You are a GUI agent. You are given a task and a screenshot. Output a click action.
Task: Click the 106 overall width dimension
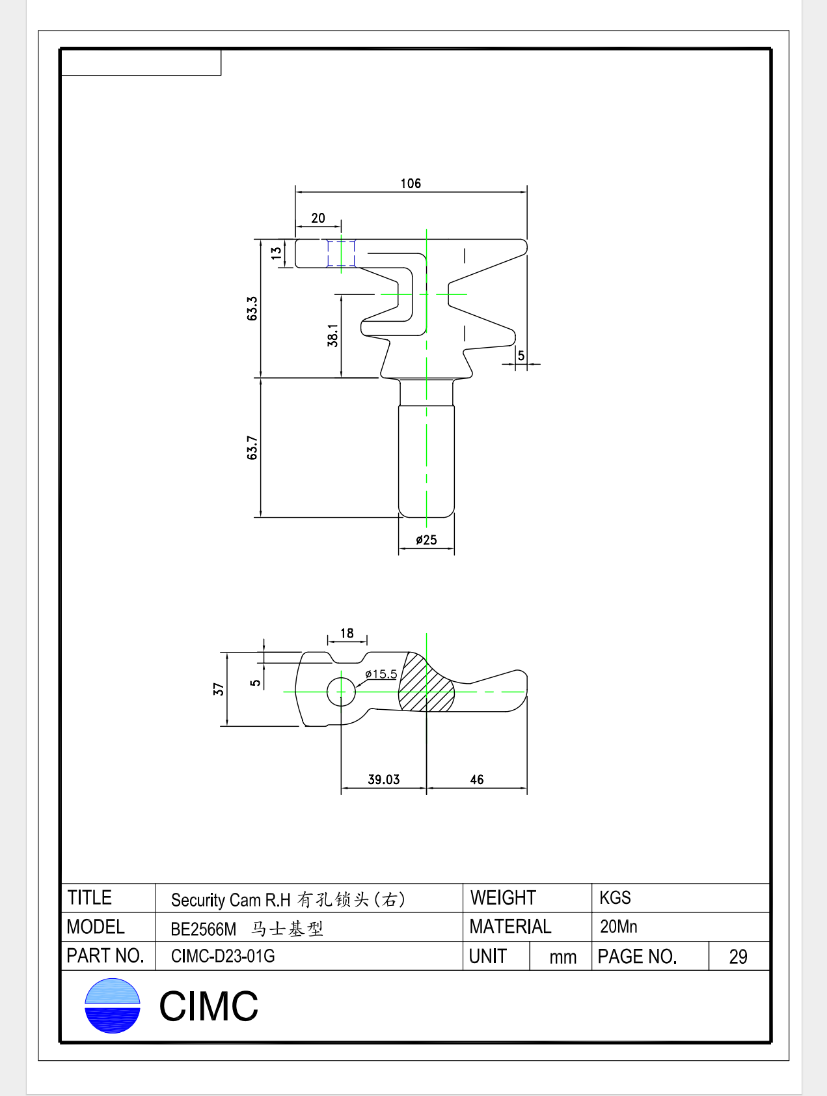pos(411,184)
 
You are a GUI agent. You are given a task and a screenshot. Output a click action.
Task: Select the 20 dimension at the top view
pos(318,218)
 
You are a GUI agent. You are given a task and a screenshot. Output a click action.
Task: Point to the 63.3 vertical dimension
pos(252,308)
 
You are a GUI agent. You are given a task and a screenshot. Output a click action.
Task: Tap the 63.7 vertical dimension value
pos(252,448)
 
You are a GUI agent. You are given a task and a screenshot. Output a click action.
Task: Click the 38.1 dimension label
pos(332,335)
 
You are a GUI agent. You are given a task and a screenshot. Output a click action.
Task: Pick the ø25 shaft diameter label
pos(426,540)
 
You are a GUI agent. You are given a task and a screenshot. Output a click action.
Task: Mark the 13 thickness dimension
pos(277,253)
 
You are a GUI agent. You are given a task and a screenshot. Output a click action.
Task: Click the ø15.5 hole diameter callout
pos(381,674)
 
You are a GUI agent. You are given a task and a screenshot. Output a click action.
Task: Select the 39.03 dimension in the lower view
pos(384,780)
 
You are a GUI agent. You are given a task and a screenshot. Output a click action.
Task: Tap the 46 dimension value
pos(477,780)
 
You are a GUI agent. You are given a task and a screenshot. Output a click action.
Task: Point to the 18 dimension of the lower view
pos(347,633)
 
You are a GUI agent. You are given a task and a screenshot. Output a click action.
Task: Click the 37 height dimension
pos(219,689)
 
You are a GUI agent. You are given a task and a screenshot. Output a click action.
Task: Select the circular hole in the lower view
pos(341,692)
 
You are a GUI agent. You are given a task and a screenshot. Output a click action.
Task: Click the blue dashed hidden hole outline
pos(341,253)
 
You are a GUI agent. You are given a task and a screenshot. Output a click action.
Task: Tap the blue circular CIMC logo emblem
pos(113,1005)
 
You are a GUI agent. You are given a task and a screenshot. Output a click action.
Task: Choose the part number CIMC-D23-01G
pos(223,956)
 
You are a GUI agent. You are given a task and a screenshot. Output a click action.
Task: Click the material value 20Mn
pos(618,927)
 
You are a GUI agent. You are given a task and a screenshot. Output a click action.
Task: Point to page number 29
pos(738,957)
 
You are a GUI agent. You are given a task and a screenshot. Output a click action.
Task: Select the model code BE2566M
pos(203,929)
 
